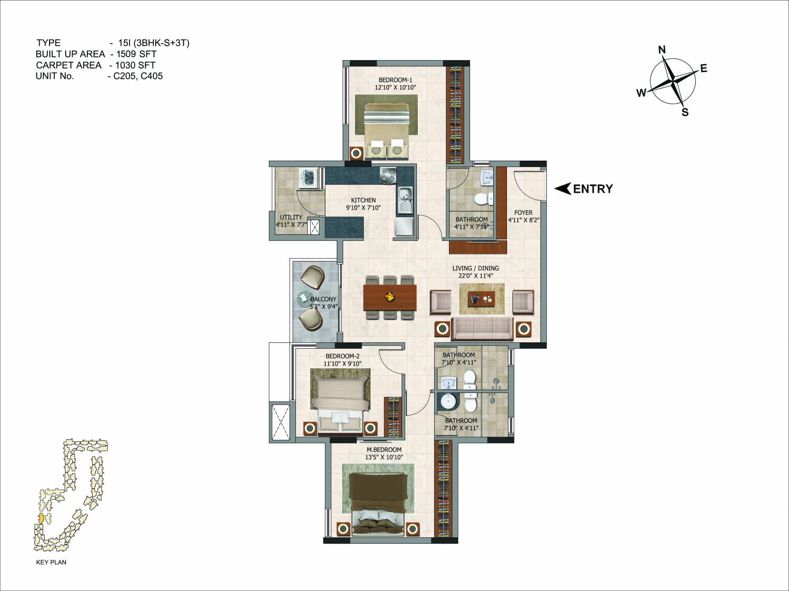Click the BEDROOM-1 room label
pyautogui.click(x=395, y=80)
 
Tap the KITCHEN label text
pyautogui.click(x=363, y=200)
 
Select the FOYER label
pyautogui.click(x=523, y=213)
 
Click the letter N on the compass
pyautogui.click(x=662, y=50)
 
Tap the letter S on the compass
pyautogui.click(x=685, y=112)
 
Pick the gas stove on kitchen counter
pyautogui.click(x=388, y=175)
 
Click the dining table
pyautogui.click(x=389, y=298)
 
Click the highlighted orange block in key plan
pyautogui.click(x=41, y=518)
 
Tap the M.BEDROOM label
pyautogui.click(x=384, y=450)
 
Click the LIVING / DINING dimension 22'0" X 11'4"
pyautogui.click(x=475, y=276)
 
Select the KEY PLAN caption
pyautogui.click(x=51, y=562)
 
